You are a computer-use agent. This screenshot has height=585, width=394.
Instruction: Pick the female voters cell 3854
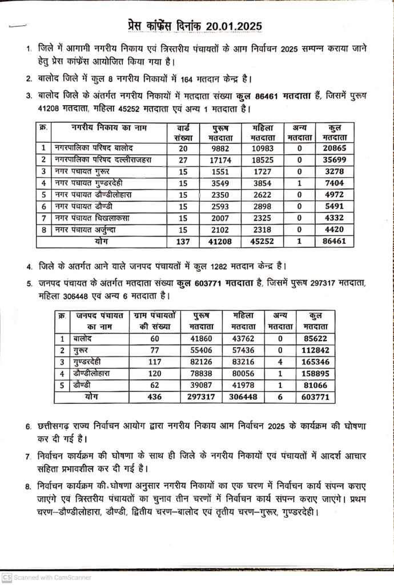pyautogui.click(x=260, y=183)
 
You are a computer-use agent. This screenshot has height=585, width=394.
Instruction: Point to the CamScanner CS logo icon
pyautogui.click(x=6, y=578)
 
